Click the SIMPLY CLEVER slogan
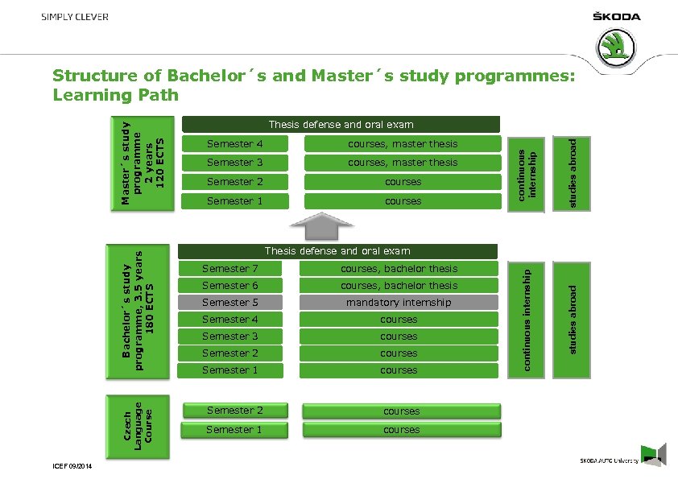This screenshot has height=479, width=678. [x=76, y=17]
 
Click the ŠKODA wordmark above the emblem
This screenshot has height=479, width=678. [x=617, y=16]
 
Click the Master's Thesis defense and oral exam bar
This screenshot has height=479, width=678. [x=341, y=124]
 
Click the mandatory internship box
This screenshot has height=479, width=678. [x=399, y=303]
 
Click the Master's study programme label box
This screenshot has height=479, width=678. [x=142, y=163]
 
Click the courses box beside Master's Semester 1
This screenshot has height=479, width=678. [x=403, y=201]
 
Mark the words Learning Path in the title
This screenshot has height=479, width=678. [x=114, y=95]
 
